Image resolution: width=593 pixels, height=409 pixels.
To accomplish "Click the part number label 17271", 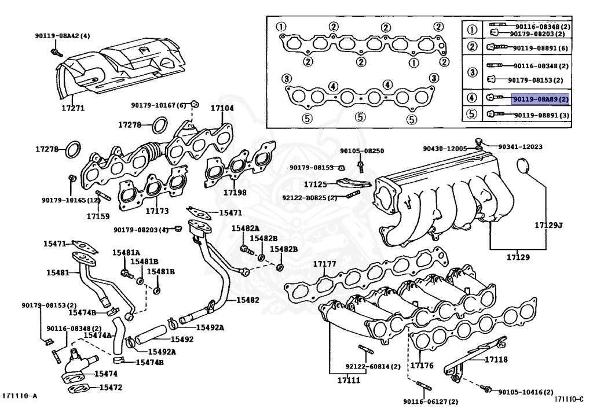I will pyautogui.click(x=73, y=108).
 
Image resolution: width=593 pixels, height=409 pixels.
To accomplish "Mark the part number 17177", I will pyautogui.click(x=325, y=264).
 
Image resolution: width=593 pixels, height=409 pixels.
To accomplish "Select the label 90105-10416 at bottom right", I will pyautogui.click(x=525, y=392).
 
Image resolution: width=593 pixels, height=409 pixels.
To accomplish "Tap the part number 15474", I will pyautogui.click(x=105, y=374).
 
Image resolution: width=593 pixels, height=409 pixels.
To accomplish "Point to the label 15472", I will pyautogui.click(x=110, y=387).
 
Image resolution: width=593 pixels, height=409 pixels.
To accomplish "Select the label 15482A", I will pyautogui.click(x=246, y=229).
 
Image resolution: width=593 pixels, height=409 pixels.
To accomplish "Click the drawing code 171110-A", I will pyautogui.click(x=20, y=396).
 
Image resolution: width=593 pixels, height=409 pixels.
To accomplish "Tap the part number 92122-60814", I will pyautogui.click(x=373, y=366).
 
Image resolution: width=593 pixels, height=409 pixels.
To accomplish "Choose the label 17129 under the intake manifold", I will pyautogui.click(x=517, y=256).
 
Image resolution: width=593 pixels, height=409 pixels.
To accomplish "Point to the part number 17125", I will pyautogui.click(x=316, y=185).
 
